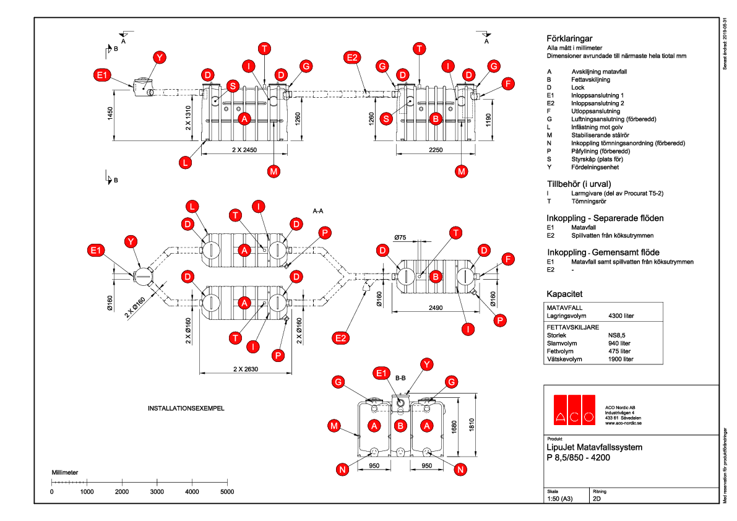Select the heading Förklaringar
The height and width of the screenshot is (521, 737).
tap(570, 38)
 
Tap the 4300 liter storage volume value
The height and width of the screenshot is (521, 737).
tap(621, 316)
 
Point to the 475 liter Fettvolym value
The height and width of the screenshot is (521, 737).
tap(619, 351)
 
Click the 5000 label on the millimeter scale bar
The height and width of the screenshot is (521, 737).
tap(227, 492)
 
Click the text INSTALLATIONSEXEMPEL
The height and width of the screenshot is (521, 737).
tap(185, 409)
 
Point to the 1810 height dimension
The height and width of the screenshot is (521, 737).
tap(472, 426)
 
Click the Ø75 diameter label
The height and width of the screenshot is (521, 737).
tap(400, 237)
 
